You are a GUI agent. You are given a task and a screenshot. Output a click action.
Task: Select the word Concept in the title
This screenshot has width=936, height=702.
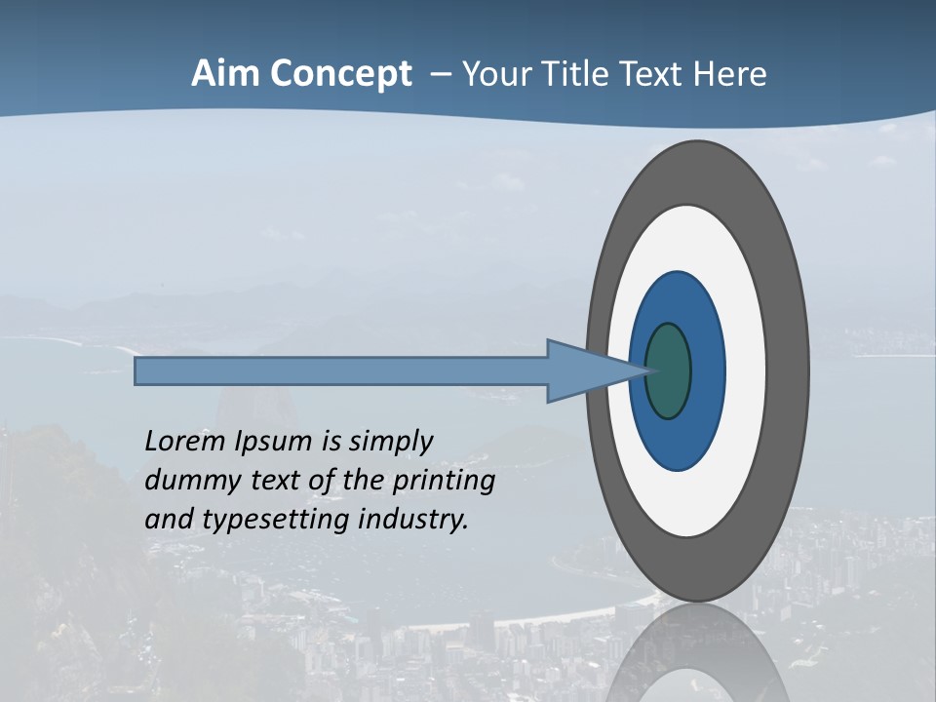(x=340, y=74)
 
